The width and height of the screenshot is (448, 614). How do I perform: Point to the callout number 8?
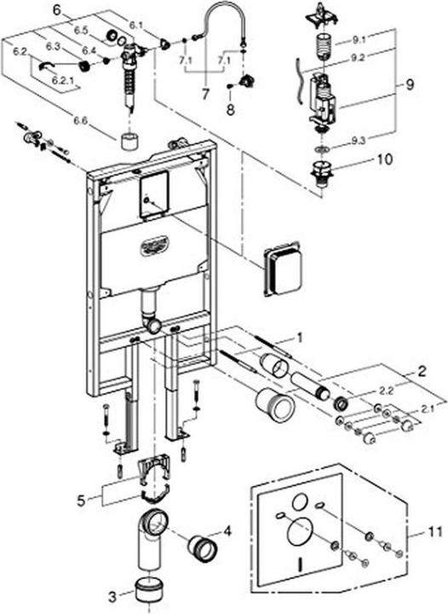(229, 110)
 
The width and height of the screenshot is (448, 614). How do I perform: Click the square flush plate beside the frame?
(283, 269)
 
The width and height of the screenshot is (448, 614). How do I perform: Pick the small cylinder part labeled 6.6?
(130, 142)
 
